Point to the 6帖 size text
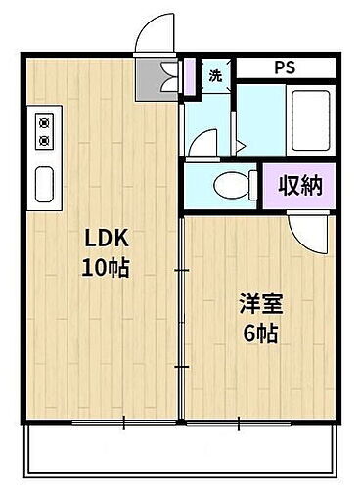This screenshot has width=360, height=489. pos(259,333)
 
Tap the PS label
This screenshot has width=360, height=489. pos(284,69)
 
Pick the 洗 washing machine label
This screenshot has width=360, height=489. pos(215,76)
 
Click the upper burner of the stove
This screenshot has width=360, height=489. pos(44,123)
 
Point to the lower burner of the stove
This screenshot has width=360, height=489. pos(44,140)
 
